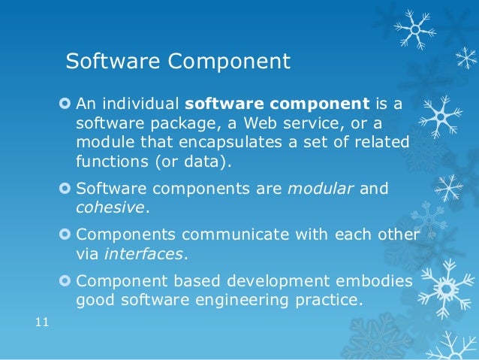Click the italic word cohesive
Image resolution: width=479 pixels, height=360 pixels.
point(107,207)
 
